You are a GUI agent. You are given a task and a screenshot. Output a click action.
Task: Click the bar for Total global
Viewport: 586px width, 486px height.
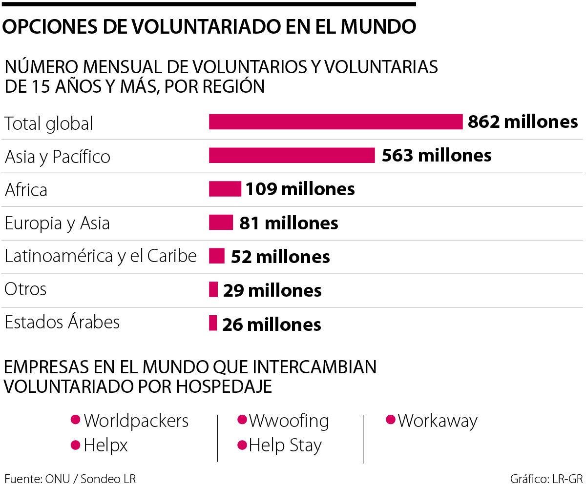335,121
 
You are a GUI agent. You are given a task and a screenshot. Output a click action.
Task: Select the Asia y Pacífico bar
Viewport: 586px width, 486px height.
292,155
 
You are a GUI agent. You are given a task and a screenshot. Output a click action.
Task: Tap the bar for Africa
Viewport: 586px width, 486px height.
225,189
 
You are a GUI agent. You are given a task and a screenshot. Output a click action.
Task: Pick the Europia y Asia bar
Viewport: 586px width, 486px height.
221,223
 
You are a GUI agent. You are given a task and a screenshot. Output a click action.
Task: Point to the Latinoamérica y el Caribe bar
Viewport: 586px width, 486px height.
216,256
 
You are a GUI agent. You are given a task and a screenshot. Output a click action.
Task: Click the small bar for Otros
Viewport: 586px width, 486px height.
213,289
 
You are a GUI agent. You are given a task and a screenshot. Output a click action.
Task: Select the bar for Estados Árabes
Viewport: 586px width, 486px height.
212,323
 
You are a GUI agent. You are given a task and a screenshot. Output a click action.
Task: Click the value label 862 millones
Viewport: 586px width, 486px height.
523,121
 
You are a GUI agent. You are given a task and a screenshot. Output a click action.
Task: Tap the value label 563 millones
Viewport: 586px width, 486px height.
436,155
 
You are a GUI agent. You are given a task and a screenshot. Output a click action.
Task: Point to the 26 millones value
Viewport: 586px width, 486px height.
272,324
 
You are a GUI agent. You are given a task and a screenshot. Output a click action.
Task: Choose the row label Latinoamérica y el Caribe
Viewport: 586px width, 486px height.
101,256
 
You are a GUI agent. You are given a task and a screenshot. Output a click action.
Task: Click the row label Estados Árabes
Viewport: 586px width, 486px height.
62,323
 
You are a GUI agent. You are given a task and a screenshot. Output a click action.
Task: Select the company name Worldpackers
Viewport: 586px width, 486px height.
136,421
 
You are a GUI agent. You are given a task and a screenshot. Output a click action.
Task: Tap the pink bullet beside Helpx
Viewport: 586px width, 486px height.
75,445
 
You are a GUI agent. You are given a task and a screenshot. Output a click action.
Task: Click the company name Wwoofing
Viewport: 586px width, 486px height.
289,421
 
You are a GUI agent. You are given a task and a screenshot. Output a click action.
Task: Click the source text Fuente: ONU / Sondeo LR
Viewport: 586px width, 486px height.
70,478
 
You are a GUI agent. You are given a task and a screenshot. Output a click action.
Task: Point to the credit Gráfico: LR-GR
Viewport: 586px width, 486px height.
546,478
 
